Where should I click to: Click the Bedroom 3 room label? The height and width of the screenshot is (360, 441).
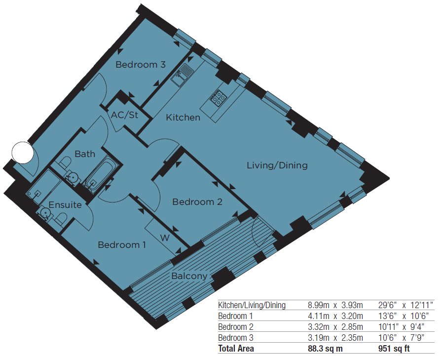141,65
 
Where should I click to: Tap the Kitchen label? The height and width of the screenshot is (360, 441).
183,118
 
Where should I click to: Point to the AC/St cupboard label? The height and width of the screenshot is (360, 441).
125,115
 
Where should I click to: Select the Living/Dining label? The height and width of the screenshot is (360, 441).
277,165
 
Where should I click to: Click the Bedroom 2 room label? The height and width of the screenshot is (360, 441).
197,202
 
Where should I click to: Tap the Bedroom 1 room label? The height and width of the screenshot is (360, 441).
122,244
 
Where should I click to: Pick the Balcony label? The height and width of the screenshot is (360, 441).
189,276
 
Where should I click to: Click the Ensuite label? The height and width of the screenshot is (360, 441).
65,204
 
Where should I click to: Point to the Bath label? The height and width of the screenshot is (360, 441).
85,154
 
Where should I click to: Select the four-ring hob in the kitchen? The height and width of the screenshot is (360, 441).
218,97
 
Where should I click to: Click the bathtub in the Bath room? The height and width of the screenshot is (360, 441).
101,175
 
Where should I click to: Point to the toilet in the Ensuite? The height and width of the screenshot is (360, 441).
61,219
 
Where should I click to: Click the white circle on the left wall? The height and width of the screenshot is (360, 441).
23,152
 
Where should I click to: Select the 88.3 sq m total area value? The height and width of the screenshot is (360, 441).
326,349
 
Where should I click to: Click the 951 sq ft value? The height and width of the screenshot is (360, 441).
394,349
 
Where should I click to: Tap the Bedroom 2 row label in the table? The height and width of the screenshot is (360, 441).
236,327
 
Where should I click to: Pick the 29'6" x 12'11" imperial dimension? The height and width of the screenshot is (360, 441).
404,305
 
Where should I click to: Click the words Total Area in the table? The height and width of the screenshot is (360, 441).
236,349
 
